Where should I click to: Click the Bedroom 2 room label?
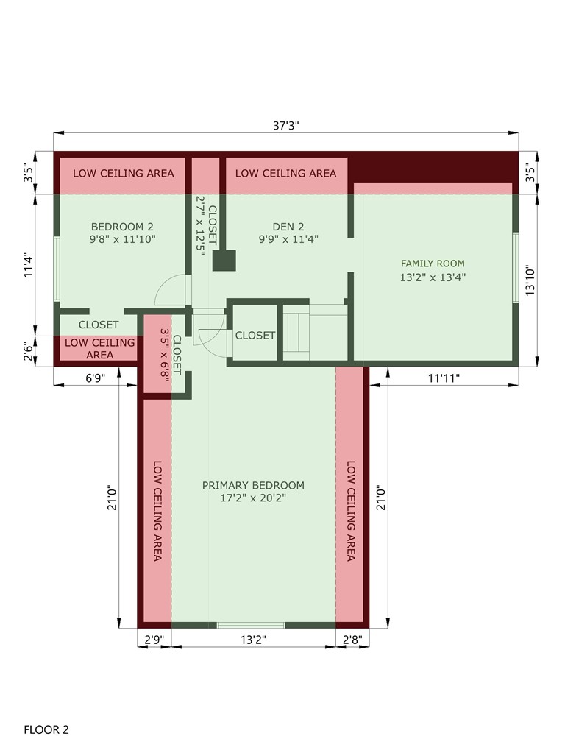tap(122, 227)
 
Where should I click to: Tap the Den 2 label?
tap(288, 227)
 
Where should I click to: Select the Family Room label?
tap(433, 264)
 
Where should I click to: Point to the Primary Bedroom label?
tap(253, 486)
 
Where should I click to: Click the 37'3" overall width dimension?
tap(286, 126)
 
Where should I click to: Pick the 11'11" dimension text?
tap(444, 378)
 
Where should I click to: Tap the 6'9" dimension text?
tap(95, 378)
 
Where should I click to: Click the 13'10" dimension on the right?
tap(530, 280)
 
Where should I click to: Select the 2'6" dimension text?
tap(28, 351)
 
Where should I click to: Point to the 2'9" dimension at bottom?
tap(154, 640)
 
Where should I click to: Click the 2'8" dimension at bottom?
tap(352, 640)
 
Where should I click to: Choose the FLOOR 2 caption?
tap(46, 730)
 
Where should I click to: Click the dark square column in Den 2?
tap(224, 261)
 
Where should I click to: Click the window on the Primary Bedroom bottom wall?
tap(251, 625)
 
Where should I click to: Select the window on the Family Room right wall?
tap(516, 267)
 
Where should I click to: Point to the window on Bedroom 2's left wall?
tap(56, 269)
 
